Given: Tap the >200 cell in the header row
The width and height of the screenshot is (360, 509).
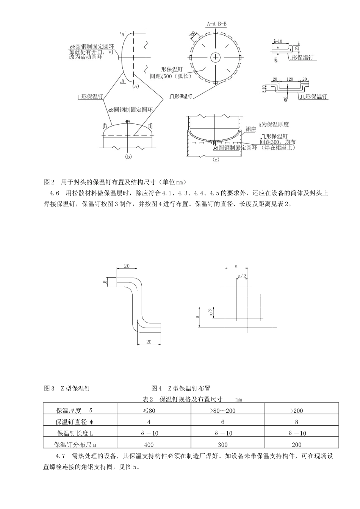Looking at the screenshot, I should [x=296, y=411].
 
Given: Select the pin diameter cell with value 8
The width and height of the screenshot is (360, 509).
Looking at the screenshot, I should [x=296, y=422].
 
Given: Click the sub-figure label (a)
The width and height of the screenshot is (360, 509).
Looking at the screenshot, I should [x=136, y=86].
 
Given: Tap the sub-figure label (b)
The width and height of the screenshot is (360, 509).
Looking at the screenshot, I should [x=128, y=156].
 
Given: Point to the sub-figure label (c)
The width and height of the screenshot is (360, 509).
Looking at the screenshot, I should [x=216, y=160].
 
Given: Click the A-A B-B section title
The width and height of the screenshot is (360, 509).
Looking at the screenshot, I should [x=217, y=24].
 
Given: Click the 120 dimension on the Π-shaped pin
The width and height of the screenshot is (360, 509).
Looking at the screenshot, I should [x=290, y=80].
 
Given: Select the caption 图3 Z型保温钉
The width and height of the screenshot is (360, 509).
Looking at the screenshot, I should [x=67, y=388].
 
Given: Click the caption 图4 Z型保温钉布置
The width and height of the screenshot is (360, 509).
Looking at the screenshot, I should [x=181, y=388].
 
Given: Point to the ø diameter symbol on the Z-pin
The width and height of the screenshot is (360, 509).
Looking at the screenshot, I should [x=104, y=282].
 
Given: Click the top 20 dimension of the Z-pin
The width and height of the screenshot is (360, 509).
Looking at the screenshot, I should [x=127, y=266].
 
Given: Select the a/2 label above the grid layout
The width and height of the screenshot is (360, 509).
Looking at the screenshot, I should [x=242, y=276].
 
